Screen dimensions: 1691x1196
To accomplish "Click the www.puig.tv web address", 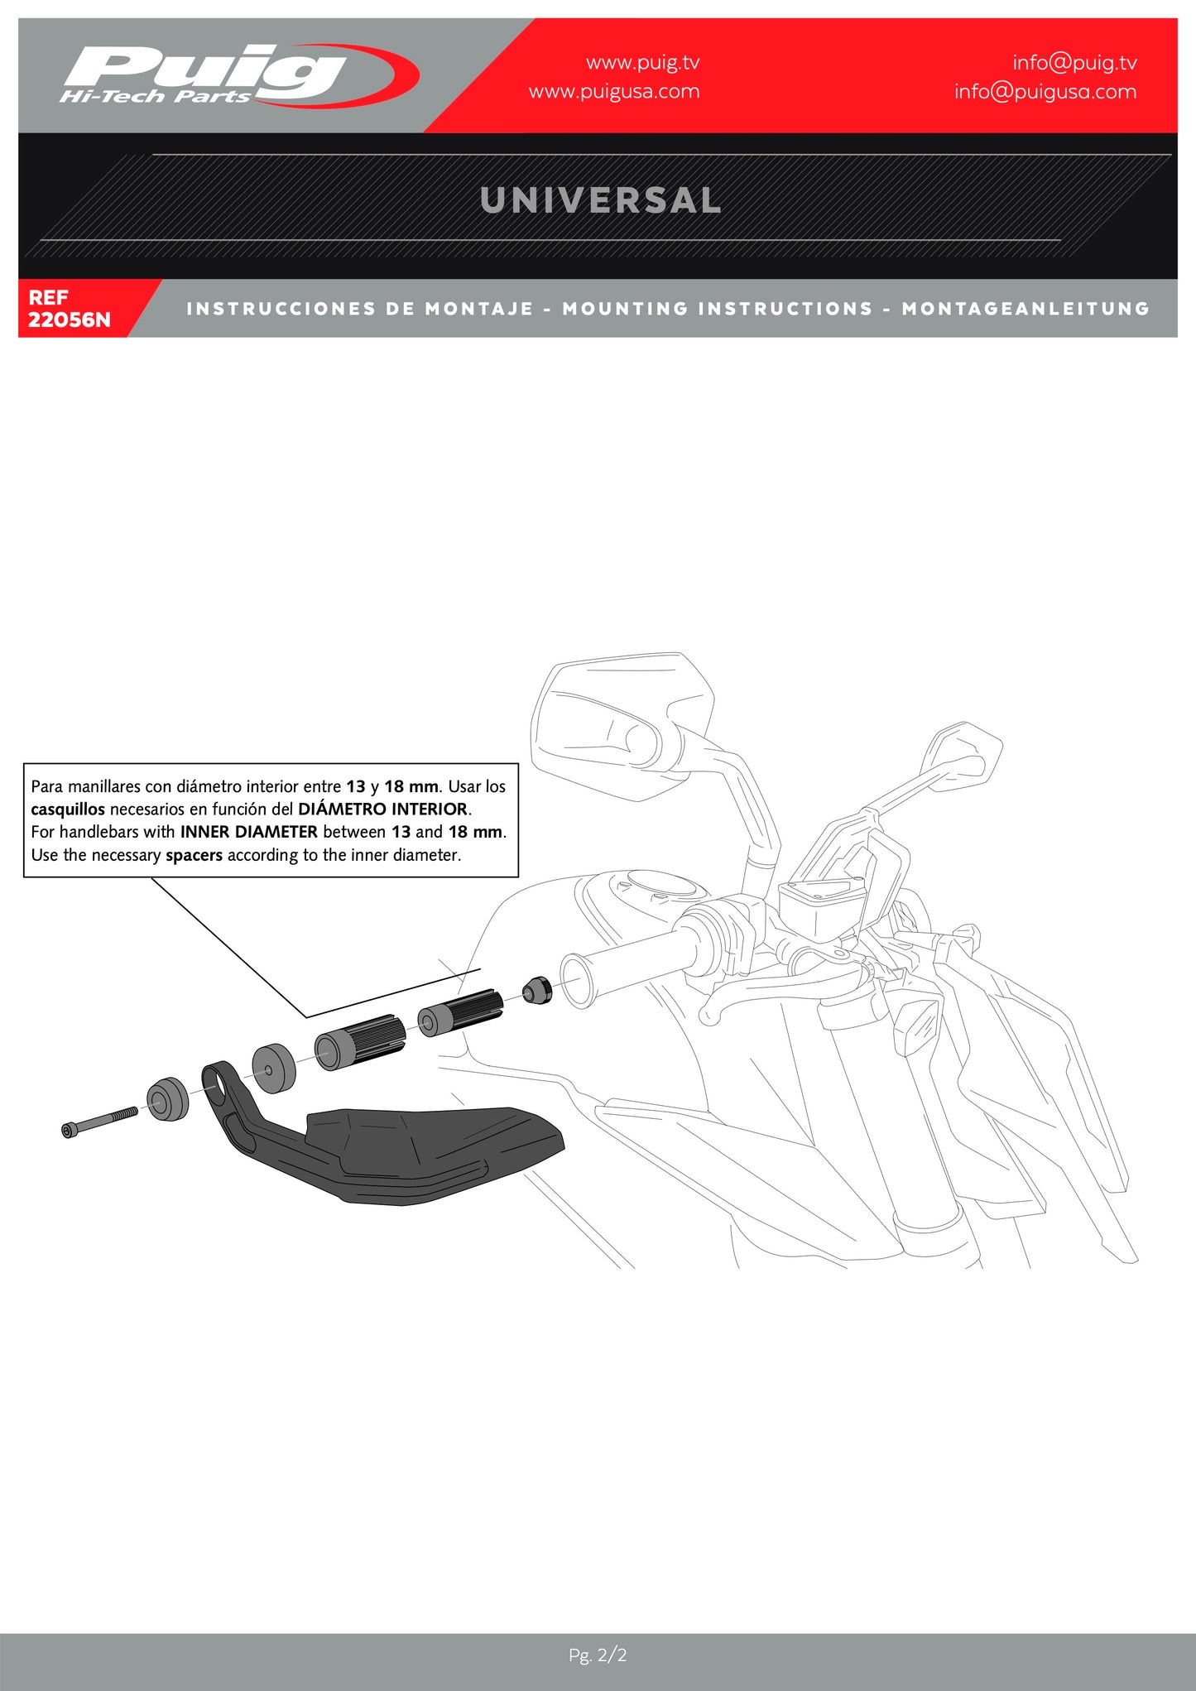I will point(642,62).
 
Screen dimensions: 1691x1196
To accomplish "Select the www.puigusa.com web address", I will point(613,91).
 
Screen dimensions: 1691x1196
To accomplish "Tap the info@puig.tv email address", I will point(1074,62).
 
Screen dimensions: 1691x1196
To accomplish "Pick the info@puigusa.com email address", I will point(1045,91).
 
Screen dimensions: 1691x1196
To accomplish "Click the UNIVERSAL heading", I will point(600,200).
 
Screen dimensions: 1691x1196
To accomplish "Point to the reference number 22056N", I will point(69,319).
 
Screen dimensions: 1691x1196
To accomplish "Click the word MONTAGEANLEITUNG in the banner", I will point(1025,309).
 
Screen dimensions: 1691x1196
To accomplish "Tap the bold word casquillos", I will point(68,809).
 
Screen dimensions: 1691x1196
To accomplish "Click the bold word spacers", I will point(194,855).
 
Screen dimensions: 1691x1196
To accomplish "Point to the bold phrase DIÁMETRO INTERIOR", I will point(382,809).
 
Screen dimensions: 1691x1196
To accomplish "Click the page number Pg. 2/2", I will point(598,1655).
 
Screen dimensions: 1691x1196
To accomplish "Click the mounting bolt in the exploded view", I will point(99,1122).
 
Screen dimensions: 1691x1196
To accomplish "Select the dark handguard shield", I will point(430,1151).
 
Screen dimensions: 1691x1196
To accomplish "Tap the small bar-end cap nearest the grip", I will point(536,990).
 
